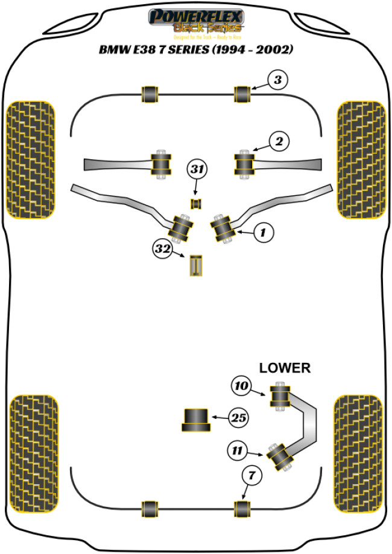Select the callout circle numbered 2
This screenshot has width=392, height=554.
tap(279, 142)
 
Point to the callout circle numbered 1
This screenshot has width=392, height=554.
tap(263, 231)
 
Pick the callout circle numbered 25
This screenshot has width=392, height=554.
tap(239, 417)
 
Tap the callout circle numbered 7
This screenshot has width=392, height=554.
tap(252, 476)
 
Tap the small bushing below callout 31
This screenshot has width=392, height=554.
tap(195, 203)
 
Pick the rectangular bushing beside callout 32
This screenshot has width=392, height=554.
tap(197, 265)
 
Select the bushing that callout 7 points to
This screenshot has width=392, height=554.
tap(242, 508)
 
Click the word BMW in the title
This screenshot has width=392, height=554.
tap(115, 49)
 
